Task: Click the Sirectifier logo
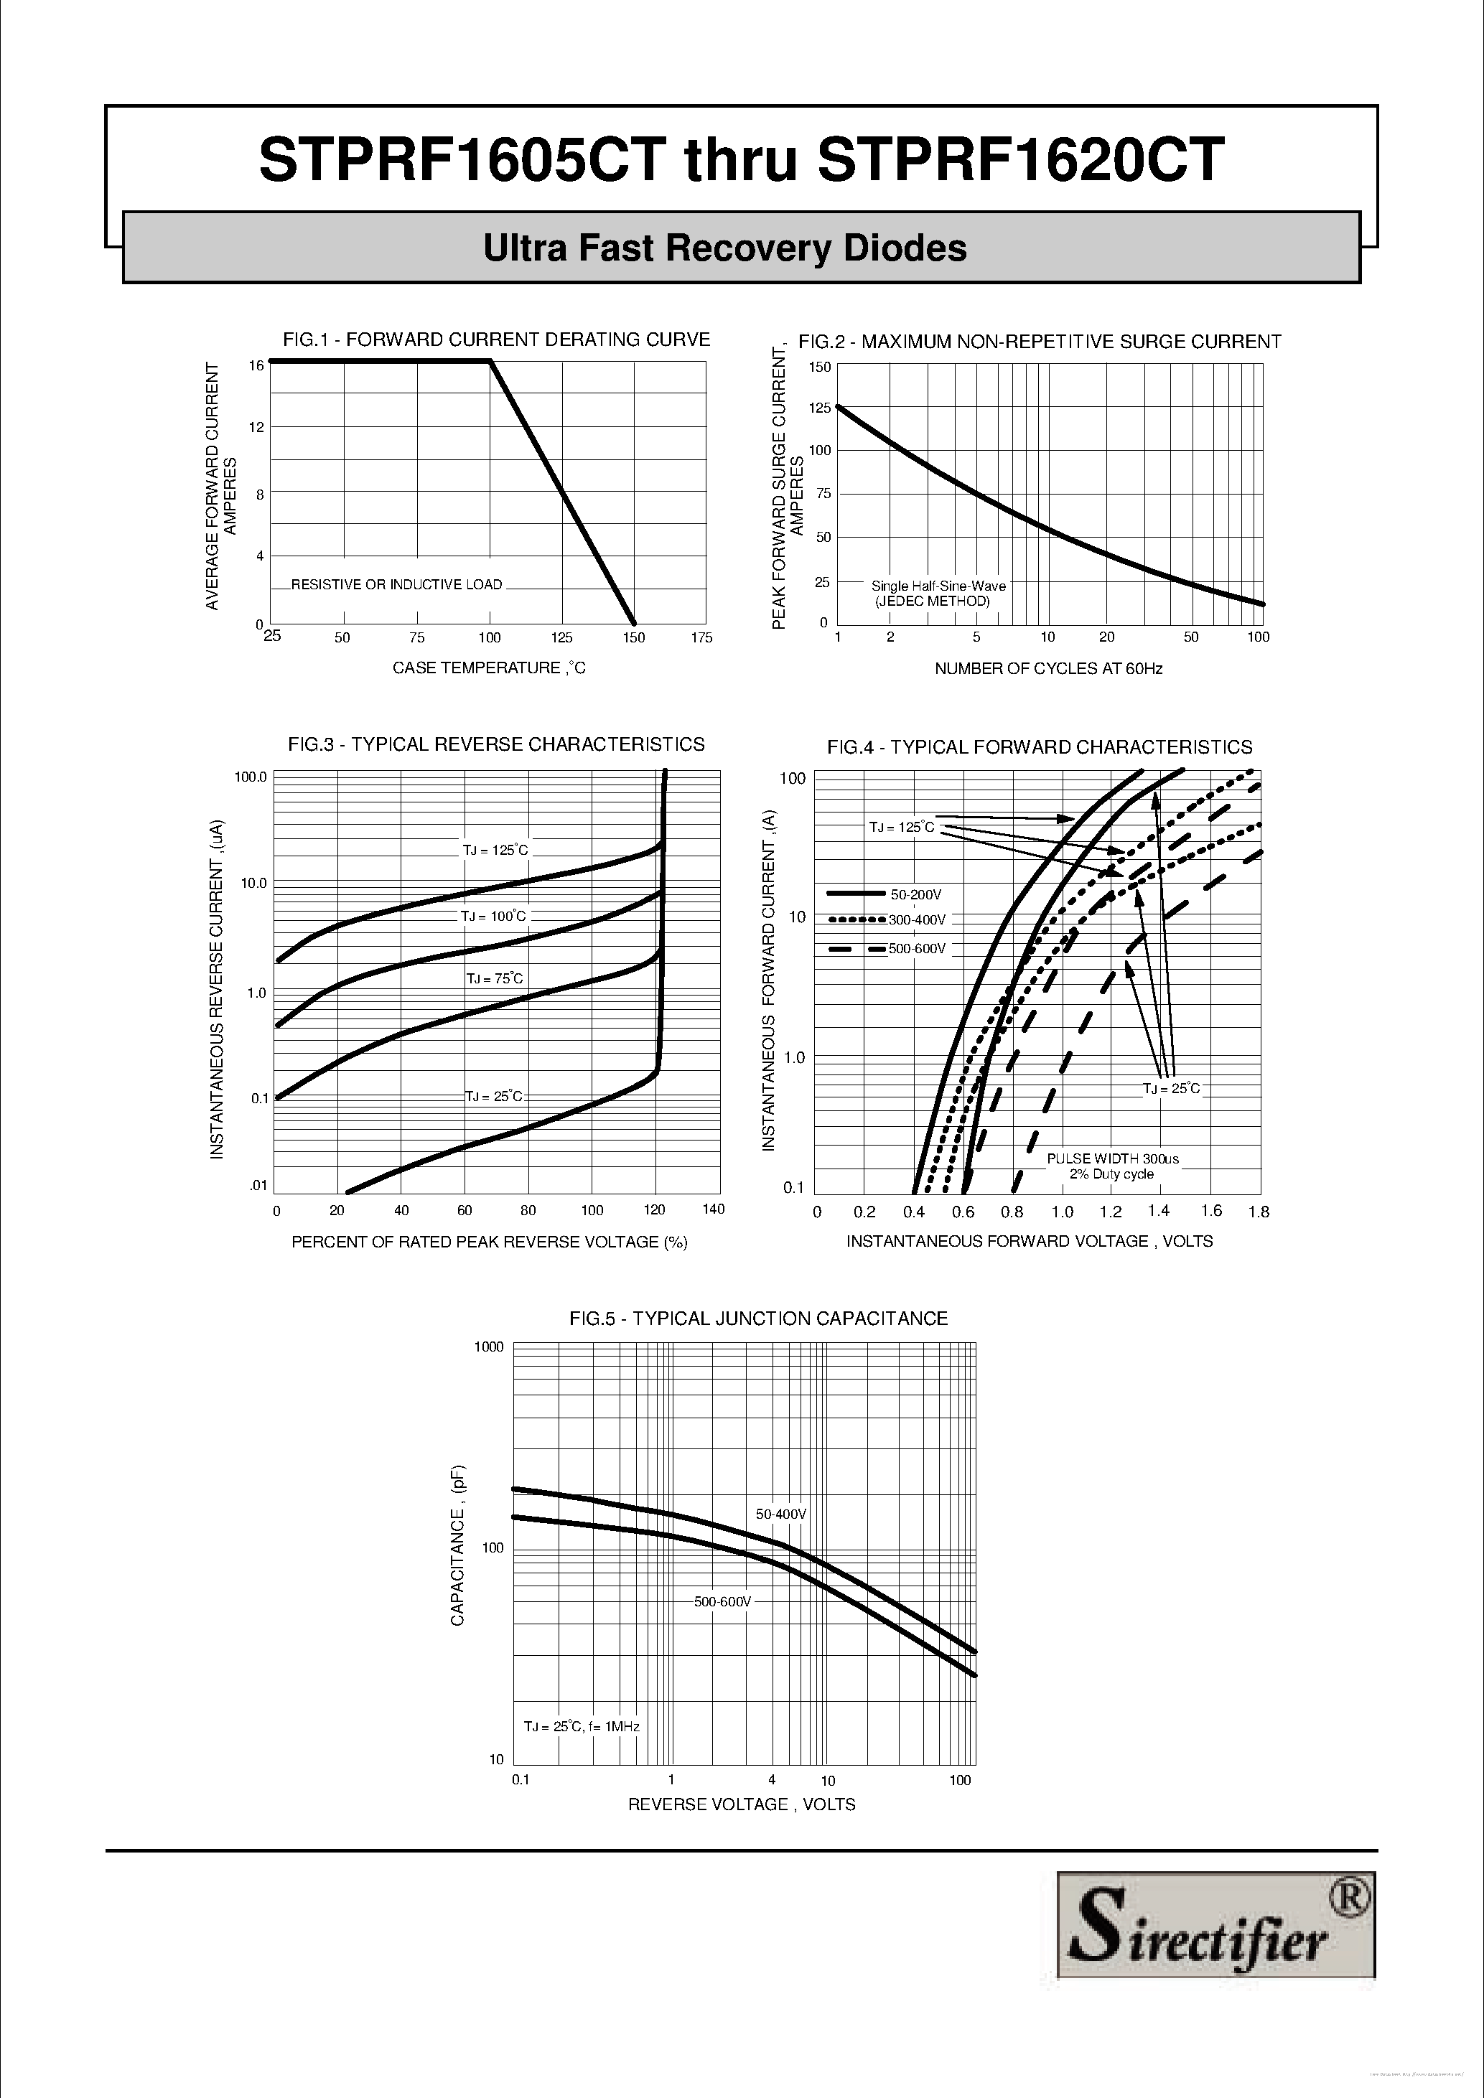1215,1949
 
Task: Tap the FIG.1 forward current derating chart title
496,340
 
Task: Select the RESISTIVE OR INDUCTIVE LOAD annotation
396,585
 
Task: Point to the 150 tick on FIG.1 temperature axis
633,638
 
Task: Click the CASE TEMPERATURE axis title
489,668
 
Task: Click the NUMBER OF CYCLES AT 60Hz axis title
1048,669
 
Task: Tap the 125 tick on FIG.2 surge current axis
820,408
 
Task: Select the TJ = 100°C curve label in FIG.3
493,916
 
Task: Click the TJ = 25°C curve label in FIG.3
493,1095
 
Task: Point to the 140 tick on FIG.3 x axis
713,1209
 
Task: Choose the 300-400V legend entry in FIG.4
917,920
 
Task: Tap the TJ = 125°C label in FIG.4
901,827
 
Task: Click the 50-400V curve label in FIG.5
781,1514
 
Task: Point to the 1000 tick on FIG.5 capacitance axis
489,1347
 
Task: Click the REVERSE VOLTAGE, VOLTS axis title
741,1804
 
